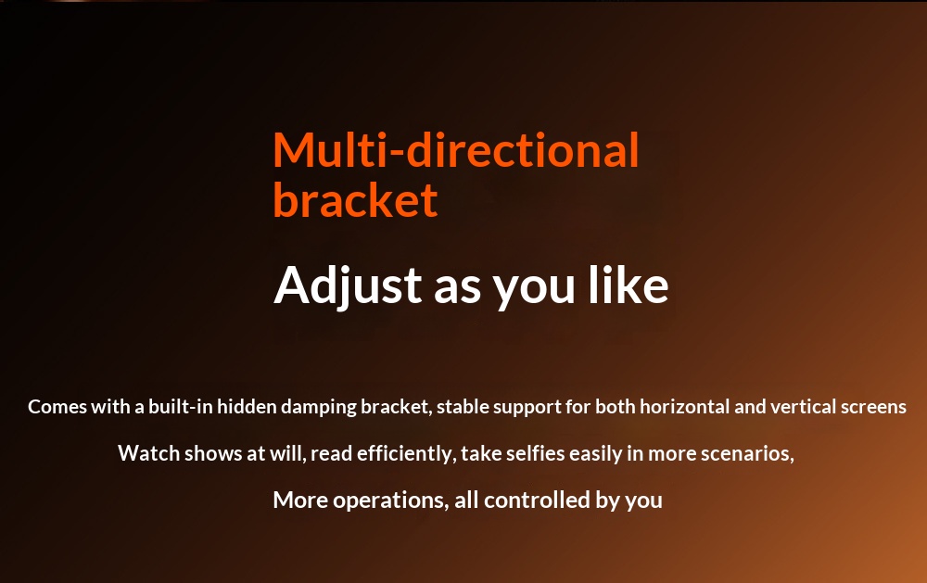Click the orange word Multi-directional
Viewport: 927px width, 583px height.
(x=456, y=149)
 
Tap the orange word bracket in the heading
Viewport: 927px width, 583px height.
(x=355, y=199)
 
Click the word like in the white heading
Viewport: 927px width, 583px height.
(x=628, y=285)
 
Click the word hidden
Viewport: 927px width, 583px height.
(x=248, y=407)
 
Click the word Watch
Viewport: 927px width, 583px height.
(x=149, y=453)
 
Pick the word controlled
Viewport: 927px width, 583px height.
(x=538, y=501)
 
